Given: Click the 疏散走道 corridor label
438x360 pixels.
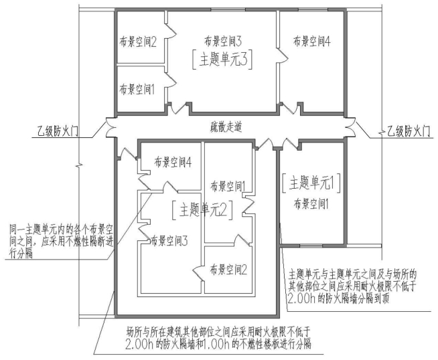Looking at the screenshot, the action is (x=226, y=127).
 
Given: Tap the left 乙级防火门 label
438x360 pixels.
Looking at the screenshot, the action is (x=58, y=131).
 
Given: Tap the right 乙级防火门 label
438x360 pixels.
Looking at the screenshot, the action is (x=408, y=131).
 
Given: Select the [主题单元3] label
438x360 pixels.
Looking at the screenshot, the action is (x=222, y=60).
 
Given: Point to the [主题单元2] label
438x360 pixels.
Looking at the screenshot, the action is (x=202, y=209).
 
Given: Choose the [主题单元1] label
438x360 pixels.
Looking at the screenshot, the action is (x=311, y=183).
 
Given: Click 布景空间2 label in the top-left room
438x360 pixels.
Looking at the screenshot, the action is (x=138, y=42).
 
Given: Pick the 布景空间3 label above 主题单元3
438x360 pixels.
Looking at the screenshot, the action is (x=223, y=41).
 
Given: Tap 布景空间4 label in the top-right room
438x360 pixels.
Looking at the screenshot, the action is (x=311, y=41).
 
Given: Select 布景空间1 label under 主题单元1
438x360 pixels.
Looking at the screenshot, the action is (x=311, y=205).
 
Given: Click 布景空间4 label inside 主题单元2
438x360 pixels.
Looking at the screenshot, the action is (x=173, y=162).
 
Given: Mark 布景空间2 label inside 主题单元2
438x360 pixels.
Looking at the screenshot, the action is (x=228, y=270).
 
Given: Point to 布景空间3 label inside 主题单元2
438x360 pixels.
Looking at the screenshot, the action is (x=169, y=241).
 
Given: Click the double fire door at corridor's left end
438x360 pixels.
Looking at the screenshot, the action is (x=111, y=127).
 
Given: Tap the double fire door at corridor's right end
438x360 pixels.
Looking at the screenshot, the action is (x=351, y=127).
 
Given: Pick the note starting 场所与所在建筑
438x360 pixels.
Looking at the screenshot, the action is (x=218, y=338).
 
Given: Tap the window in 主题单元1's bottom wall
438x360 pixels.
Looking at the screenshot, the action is (x=311, y=246).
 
